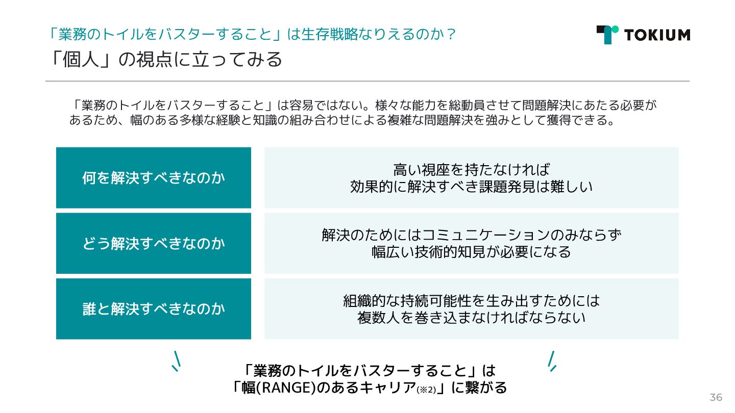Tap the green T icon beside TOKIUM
607,34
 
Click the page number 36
716,397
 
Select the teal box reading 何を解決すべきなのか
154,178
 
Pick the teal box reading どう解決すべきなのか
154,243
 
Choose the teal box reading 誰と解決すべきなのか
154,308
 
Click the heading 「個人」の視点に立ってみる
164,60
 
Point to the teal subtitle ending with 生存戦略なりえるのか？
251,34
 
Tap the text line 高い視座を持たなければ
471,169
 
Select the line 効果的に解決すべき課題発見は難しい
471,187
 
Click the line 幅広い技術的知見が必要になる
471,252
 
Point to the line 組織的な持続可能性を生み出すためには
471,300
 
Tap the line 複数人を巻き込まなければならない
471,318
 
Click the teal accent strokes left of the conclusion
176,360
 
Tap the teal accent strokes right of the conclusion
552,360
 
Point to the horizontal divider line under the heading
367,81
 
